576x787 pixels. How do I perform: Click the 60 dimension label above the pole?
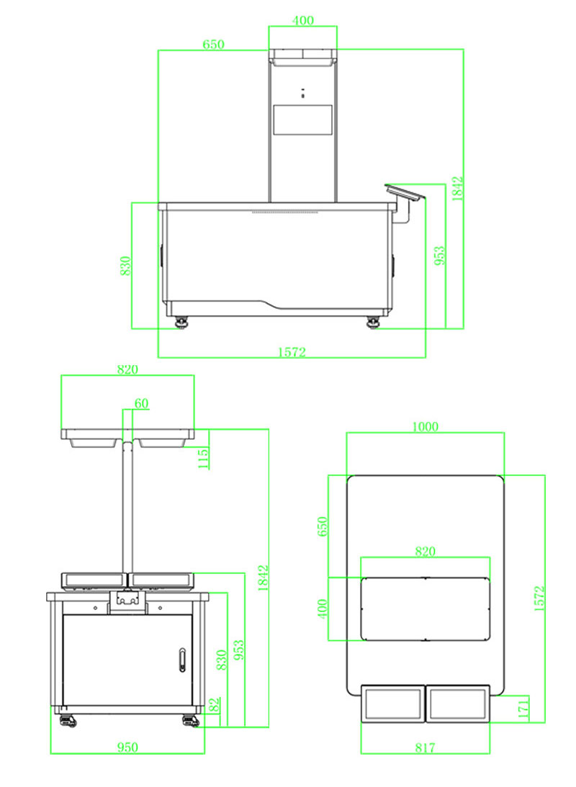[142, 404]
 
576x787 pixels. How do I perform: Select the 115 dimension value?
[204, 458]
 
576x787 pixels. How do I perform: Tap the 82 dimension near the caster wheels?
[214, 705]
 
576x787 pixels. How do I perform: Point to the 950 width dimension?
[127, 747]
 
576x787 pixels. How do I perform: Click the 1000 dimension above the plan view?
[425, 426]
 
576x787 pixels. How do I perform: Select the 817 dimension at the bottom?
[425, 748]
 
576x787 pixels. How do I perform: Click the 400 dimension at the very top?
[303, 20]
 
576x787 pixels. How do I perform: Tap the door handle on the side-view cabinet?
[182, 659]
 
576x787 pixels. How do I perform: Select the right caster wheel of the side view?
[191, 719]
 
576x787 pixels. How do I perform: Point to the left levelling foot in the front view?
[180, 322]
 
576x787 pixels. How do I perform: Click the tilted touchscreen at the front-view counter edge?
[405, 192]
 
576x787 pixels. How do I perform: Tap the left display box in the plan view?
[392, 703]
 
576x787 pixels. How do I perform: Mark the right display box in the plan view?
[459, 703]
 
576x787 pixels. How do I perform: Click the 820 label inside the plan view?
[425, 552]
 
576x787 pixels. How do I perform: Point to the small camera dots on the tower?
[303, 92]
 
